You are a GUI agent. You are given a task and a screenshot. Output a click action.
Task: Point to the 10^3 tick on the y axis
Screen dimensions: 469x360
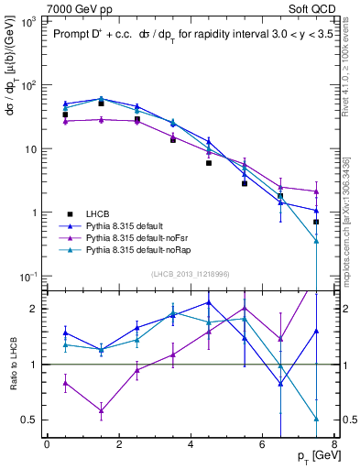(27, 20)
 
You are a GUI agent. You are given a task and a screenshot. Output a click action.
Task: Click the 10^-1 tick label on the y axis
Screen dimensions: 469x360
(27, 277)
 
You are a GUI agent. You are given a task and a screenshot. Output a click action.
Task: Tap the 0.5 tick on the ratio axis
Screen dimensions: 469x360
(30, 420)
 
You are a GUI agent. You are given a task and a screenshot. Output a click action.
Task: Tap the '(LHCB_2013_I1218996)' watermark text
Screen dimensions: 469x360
(191, 274)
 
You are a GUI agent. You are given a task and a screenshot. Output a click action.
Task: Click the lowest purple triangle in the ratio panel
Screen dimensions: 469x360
(101, 410)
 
